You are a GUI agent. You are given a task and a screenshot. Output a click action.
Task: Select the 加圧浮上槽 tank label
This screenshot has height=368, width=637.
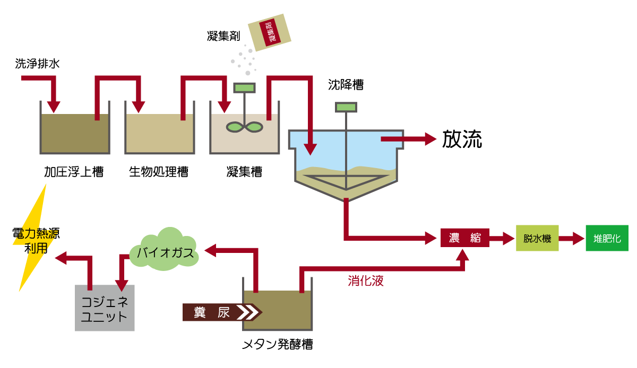(74, 172)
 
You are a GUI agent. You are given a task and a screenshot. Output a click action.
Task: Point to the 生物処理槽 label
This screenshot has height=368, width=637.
(159, 172)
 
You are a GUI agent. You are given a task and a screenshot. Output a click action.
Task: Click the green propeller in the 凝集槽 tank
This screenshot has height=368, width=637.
(244, 127)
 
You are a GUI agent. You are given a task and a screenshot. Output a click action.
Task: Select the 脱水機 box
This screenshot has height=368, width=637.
(537, 238)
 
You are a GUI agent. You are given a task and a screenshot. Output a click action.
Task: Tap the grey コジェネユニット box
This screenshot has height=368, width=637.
(105, 309)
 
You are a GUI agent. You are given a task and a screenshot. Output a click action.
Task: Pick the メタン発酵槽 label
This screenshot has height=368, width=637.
(277, 345)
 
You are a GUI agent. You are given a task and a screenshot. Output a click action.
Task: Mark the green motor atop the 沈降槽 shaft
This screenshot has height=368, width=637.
(346, 107)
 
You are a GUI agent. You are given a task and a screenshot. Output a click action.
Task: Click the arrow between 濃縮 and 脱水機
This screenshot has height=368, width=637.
(501, 238)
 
